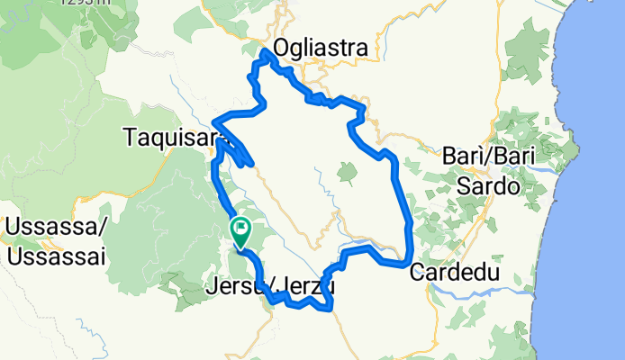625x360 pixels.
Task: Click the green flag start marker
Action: pos(241,231)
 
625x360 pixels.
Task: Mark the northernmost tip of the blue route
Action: pos(265,53)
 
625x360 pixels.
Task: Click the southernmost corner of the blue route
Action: pos(332,309)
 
